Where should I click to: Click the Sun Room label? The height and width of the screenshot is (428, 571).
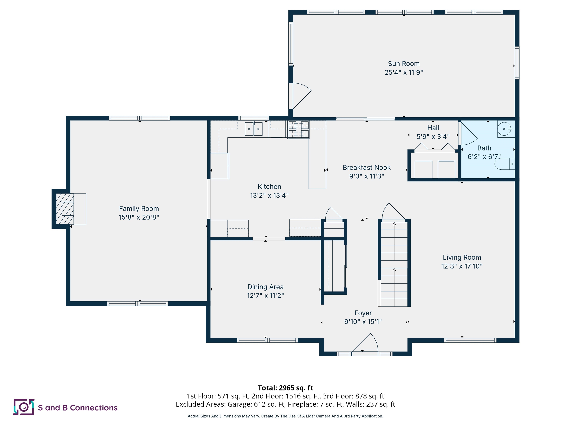click(404, 64)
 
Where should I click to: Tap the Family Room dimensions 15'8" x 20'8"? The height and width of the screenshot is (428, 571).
click(139, 217)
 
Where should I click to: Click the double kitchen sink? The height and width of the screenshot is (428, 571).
click(254, 129)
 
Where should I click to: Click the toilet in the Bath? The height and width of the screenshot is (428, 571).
click(504, 164)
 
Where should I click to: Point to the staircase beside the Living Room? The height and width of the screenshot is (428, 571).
click(394, 263)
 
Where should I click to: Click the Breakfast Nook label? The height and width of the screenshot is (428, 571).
click(367, 167)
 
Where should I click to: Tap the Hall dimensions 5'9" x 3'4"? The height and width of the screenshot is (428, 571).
click(433, 137)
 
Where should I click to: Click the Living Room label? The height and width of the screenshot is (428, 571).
click(462, 257)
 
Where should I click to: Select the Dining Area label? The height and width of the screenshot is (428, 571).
click(265, 287)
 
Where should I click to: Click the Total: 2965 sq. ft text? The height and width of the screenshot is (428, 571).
click(285, 388)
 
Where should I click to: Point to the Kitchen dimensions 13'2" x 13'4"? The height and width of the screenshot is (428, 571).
click(269, 195)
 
